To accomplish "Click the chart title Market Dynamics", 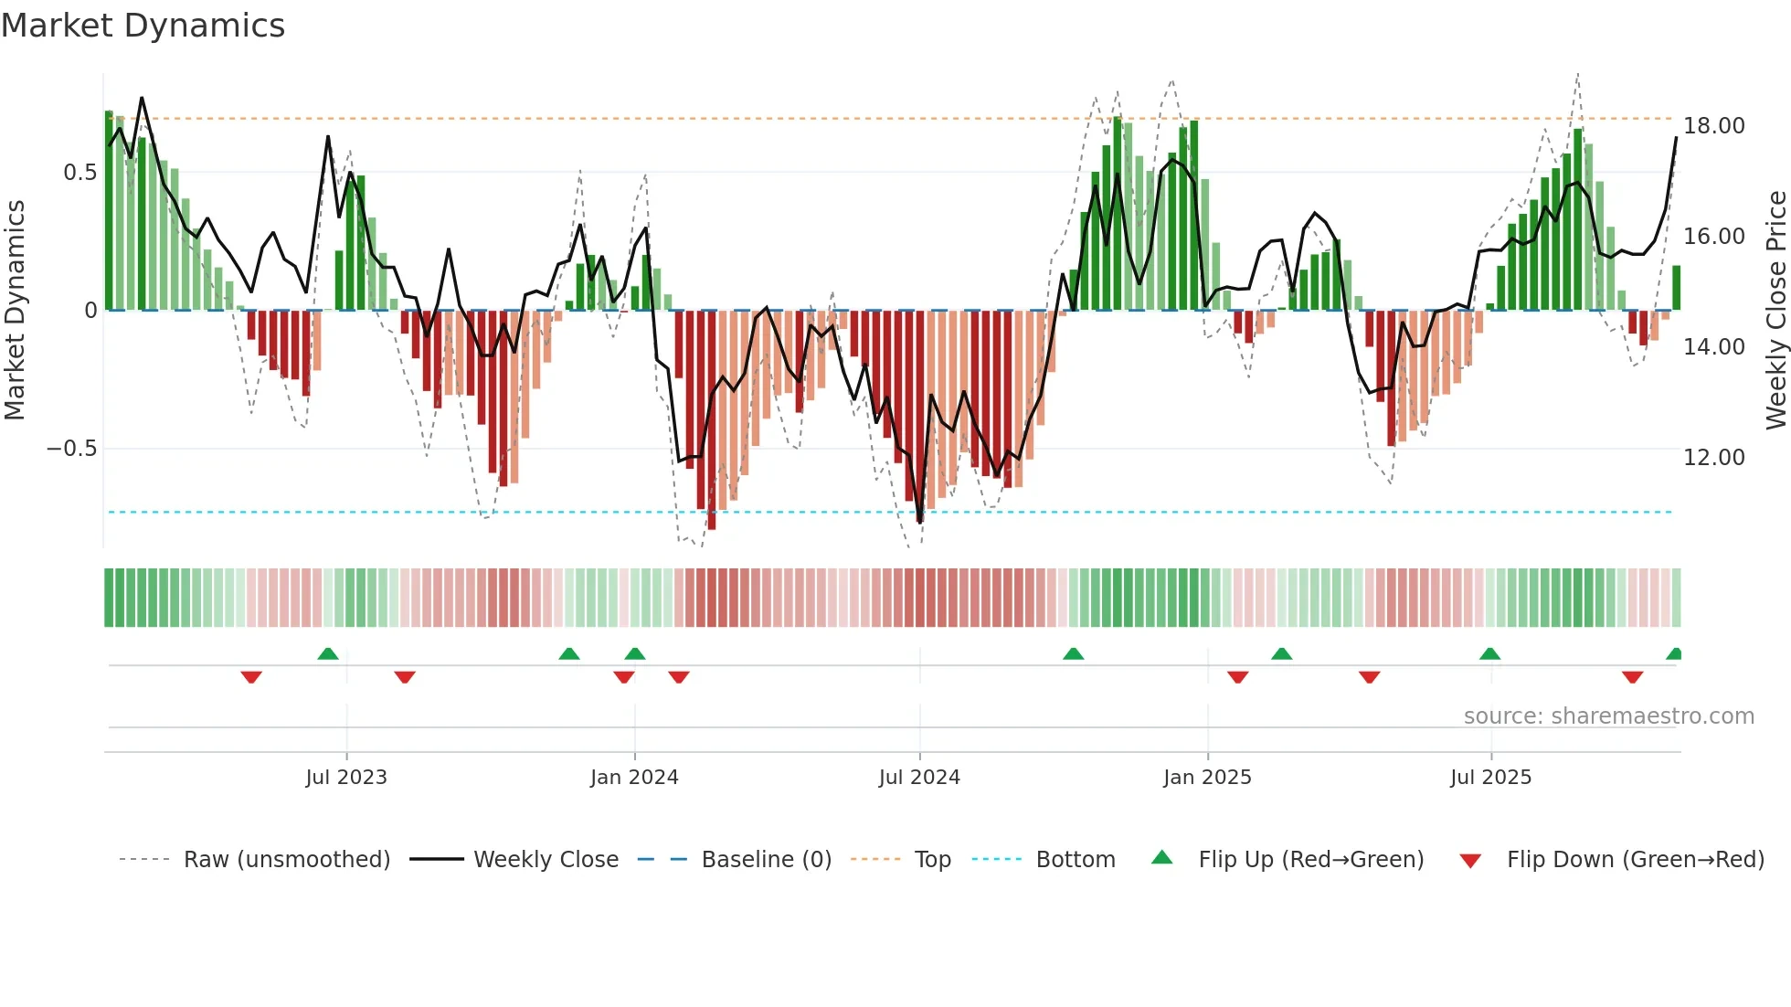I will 143,26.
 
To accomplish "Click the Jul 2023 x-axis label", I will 346,778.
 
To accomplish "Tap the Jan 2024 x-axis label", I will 634,778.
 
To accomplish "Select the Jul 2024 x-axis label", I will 919,778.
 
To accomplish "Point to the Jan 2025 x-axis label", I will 1207,778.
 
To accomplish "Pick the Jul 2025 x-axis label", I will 1490,778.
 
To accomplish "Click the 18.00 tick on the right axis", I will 1714,126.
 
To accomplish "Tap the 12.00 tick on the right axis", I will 1714,458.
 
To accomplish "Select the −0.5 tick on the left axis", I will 71,449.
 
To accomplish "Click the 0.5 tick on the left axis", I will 80,173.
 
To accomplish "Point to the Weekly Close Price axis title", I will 1775,311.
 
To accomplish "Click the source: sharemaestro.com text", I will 1608,716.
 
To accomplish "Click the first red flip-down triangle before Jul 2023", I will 251,677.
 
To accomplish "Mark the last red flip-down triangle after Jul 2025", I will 1633,677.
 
